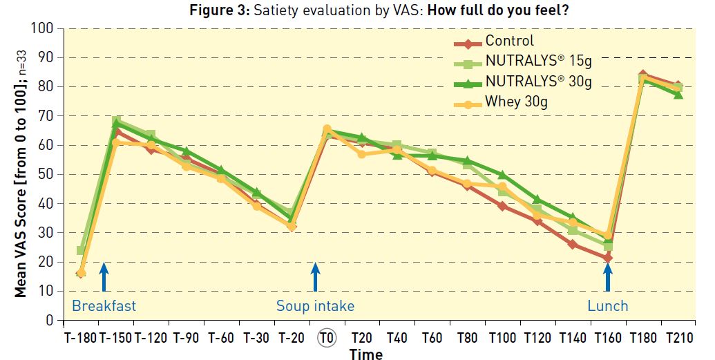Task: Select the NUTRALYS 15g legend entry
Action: point(538,62)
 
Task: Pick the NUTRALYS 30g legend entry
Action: point(538,82)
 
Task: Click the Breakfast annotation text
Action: point(104,305)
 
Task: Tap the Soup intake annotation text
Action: point(315,305)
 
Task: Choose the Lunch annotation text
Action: point(608,305)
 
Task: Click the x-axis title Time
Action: point(365,354)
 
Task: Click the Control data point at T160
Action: point(607,258)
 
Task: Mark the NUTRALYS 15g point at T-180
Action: point(82,250)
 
